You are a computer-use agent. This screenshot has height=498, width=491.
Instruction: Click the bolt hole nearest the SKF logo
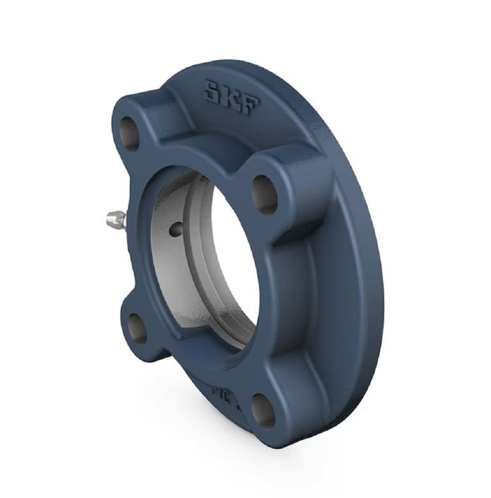(x=131, y=133)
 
